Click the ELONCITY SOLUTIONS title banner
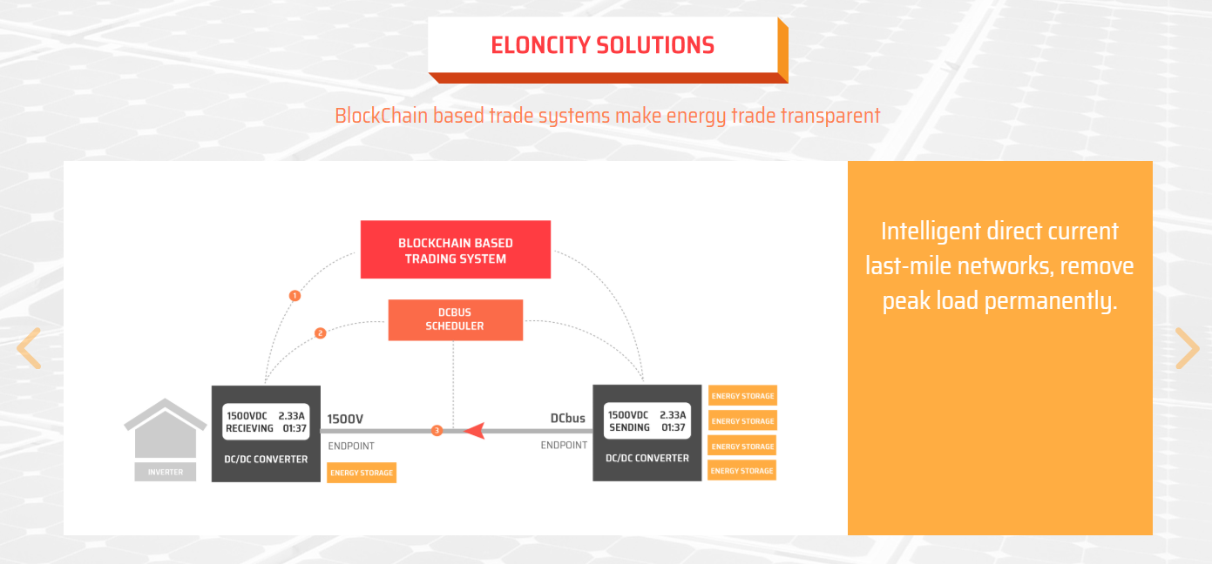coord(603,45)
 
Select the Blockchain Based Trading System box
coord(456,250)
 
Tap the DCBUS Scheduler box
coord(455,319)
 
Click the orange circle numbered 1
coord(295,296)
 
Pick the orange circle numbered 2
coord(320,332)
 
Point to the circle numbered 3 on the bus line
coord(437,430)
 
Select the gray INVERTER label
coord(166,472)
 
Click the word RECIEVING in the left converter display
coord(250,428)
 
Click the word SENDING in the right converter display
coord(629,427)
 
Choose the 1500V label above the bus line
coord(345,419)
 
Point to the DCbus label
coord(567,418)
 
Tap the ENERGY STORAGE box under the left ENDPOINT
coord(362,473)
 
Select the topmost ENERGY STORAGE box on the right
coord(742,396)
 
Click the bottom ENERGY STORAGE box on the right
coord(742,471)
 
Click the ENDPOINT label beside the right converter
coord(564,445)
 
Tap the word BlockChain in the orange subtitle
coord(381,115)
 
